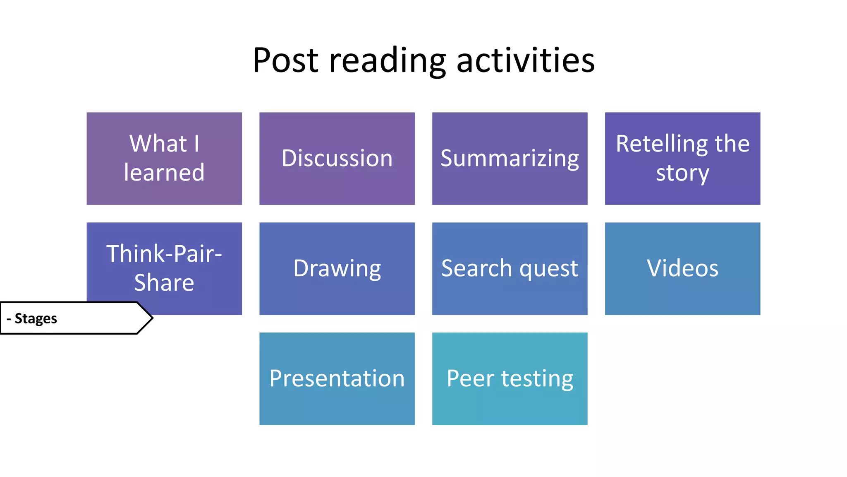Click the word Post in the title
(285, 60)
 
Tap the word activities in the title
(526, 60)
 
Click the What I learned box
(164, 158)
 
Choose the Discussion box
(337, 158)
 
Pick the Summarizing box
(510, 158)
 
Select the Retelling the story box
(682, 158)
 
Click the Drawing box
(337, 268)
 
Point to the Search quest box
(510, 268)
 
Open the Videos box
(682, 268)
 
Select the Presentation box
(337, 378)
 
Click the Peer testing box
(510, 378)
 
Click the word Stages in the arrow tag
(36, 318)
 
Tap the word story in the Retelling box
(682, 173)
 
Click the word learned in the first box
(164, 173)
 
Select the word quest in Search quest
(549, 269)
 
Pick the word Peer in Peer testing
(470, 378)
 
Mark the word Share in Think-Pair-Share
(164, 283)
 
